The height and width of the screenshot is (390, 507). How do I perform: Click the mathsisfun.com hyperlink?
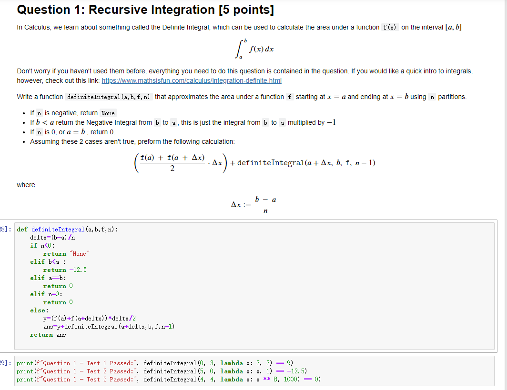[x=192, y=80]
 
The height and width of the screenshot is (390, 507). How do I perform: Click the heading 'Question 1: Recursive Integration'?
[x=116, y=10]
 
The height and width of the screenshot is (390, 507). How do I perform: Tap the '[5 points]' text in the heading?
[x=246, y=10]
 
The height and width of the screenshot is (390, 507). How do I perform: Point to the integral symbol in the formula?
[x=241, y=49]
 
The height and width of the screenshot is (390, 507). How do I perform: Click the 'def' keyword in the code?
[x=22, y=229]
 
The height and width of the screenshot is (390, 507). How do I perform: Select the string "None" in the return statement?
[x=79, y=254]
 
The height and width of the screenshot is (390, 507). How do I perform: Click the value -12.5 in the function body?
[x=78, y=270]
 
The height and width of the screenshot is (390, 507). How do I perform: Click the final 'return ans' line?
[x=48, y=335]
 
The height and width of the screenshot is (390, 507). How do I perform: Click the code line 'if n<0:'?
[x=42, y=245]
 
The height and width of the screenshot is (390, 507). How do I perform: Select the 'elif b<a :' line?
[x=48, y=261]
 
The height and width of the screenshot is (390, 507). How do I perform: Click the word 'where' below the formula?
[x=26, y=185]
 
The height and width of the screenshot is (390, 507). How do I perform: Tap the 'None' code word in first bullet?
[x=108, y=113]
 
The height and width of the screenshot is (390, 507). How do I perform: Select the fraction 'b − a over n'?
[x=265, y=205]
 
